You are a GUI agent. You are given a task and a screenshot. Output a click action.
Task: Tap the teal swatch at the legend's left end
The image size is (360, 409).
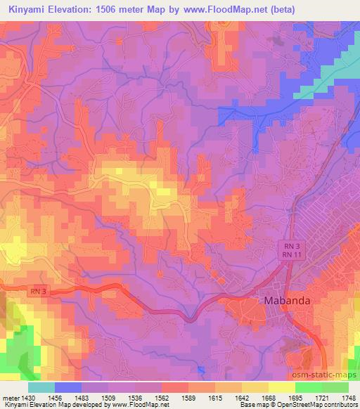[x=41, y=387]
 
